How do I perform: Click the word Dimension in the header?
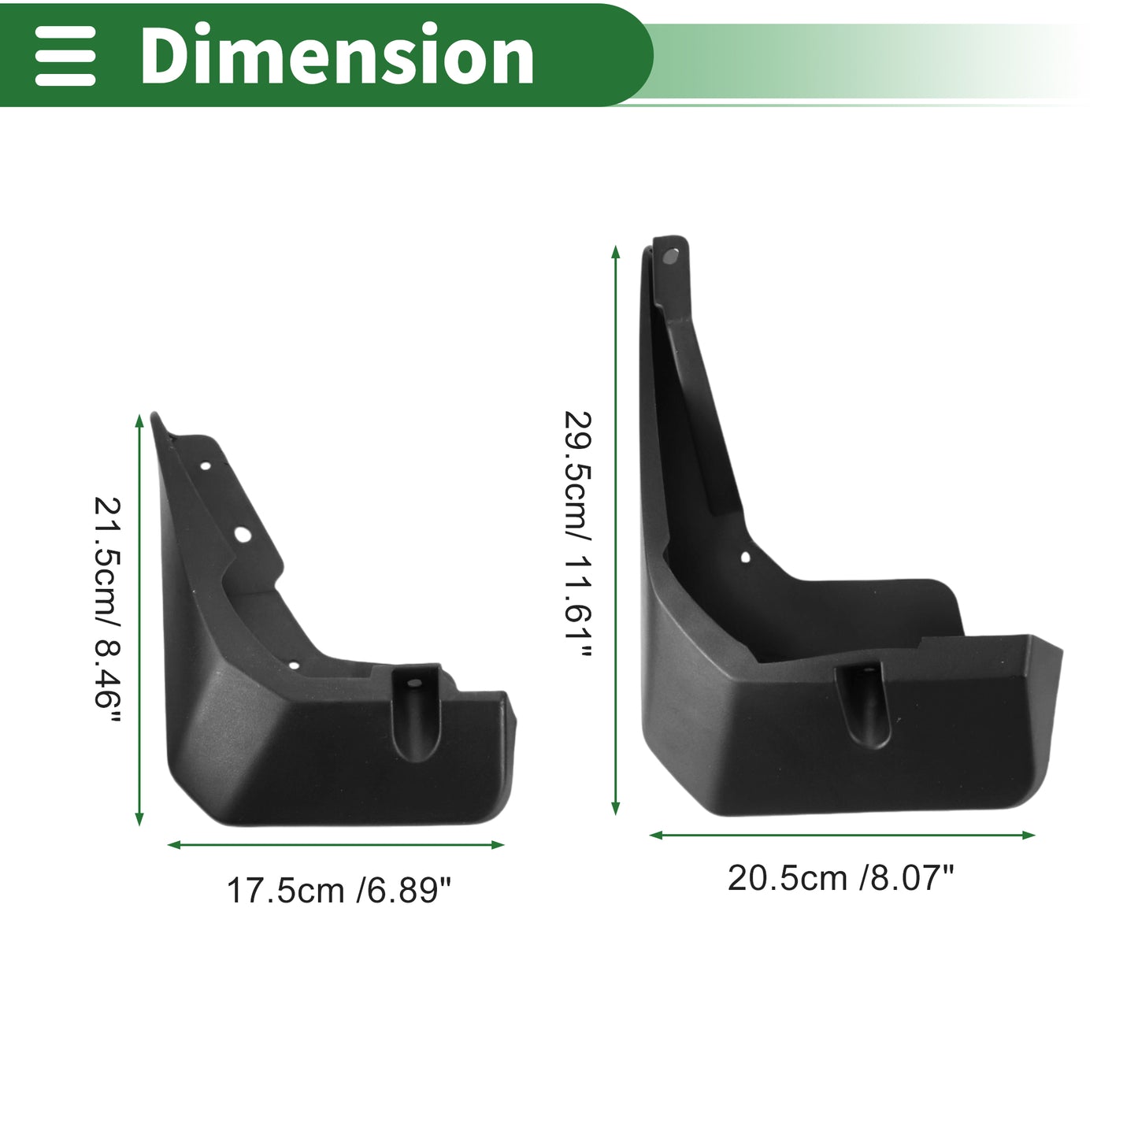point(337,54)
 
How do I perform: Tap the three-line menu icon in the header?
point(65,55)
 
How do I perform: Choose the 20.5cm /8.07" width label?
point(841,878)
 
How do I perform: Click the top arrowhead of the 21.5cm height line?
point(139,421)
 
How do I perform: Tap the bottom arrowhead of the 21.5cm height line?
point(139,818)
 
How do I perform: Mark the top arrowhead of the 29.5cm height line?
point(615,252)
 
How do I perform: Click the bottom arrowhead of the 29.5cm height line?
point(615,808)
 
